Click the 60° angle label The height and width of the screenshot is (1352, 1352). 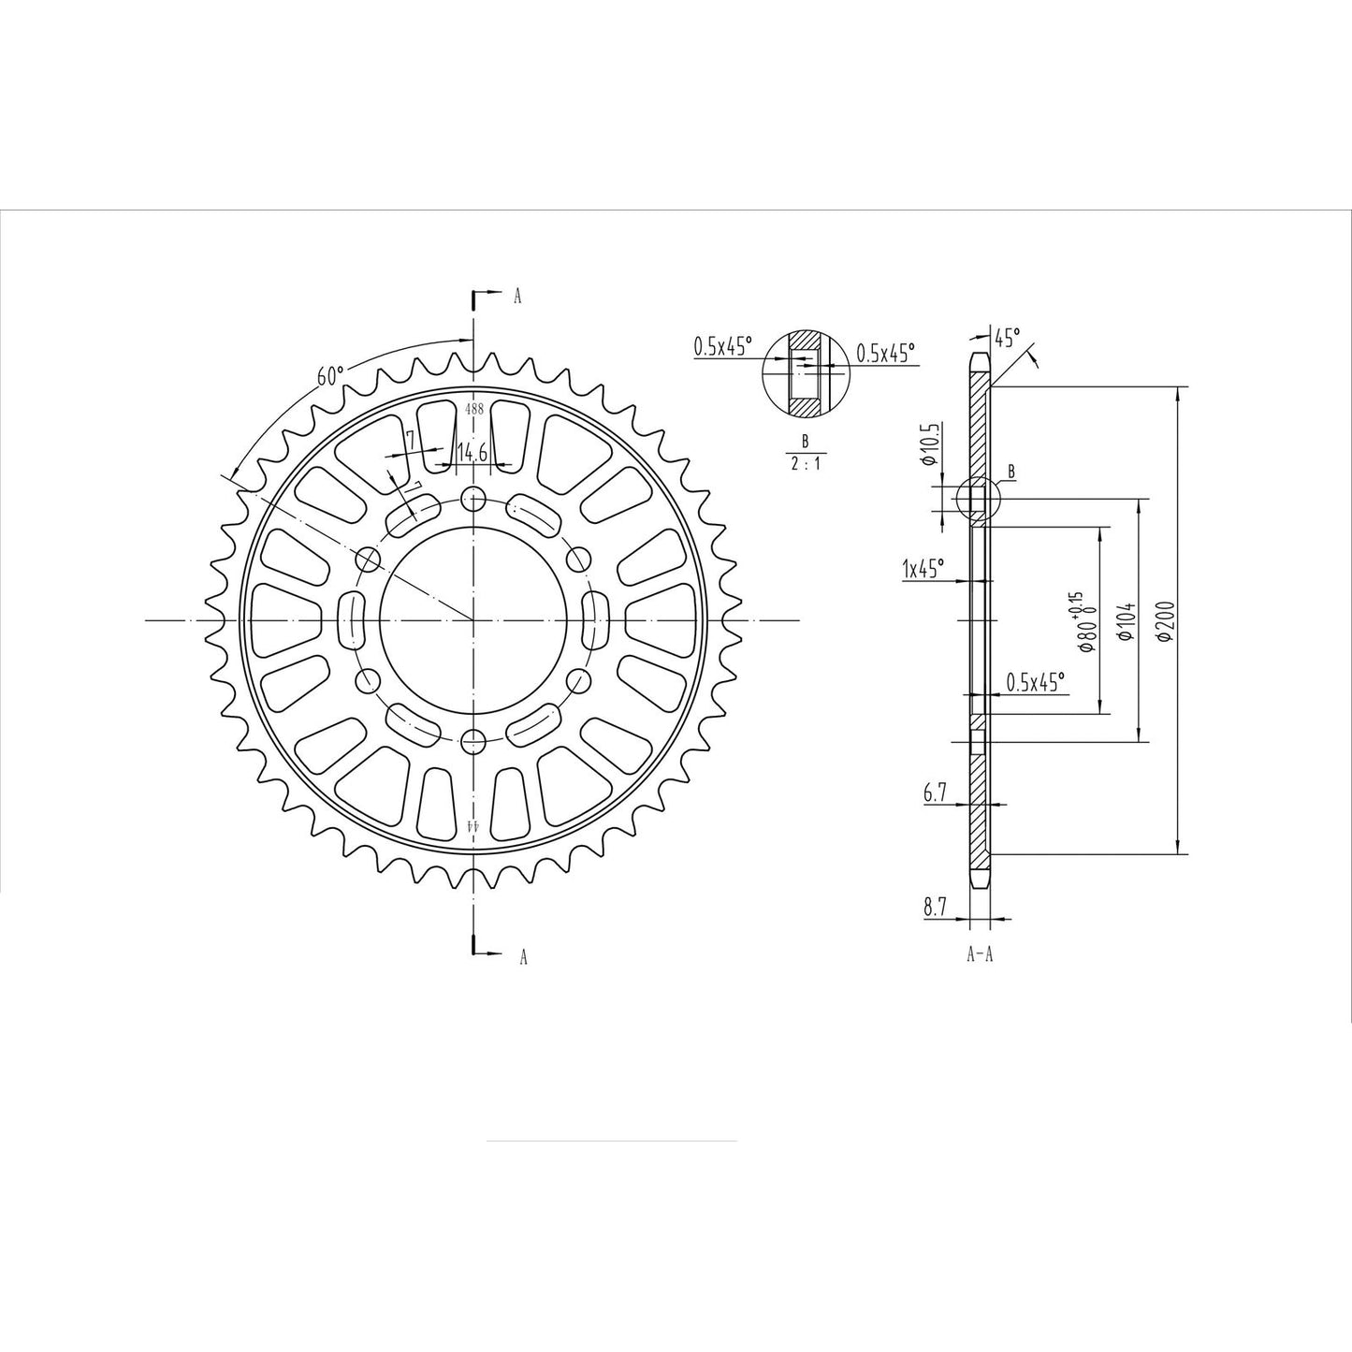tap(330, 376)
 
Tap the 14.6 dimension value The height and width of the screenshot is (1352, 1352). tap(471, 454)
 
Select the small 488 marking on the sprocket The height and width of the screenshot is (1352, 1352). tap(473, 409)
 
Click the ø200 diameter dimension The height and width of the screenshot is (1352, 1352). tap(1163, 621)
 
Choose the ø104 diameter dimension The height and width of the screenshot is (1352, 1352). tap(1125, 621)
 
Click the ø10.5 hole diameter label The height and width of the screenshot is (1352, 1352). tap(928, 444)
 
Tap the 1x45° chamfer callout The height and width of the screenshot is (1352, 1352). tap(923, 567)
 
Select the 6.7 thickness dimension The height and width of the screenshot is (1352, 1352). tap(935, 793)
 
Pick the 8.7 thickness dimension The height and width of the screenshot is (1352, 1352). tap(935, 906)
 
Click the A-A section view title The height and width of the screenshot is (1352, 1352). tap(979, 954)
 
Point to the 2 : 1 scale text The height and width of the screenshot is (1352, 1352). tap(804, 463)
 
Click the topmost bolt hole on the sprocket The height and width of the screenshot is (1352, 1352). tap(474, 497)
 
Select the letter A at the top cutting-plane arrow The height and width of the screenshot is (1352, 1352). tap(517, 297)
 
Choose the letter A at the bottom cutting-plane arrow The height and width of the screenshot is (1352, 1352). tap(523, 956)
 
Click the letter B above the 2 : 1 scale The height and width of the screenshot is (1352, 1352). tap(804, 440)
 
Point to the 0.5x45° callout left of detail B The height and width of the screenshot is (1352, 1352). tap(722, 346)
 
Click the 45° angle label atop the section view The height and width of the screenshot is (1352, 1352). tap(1007, 336)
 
